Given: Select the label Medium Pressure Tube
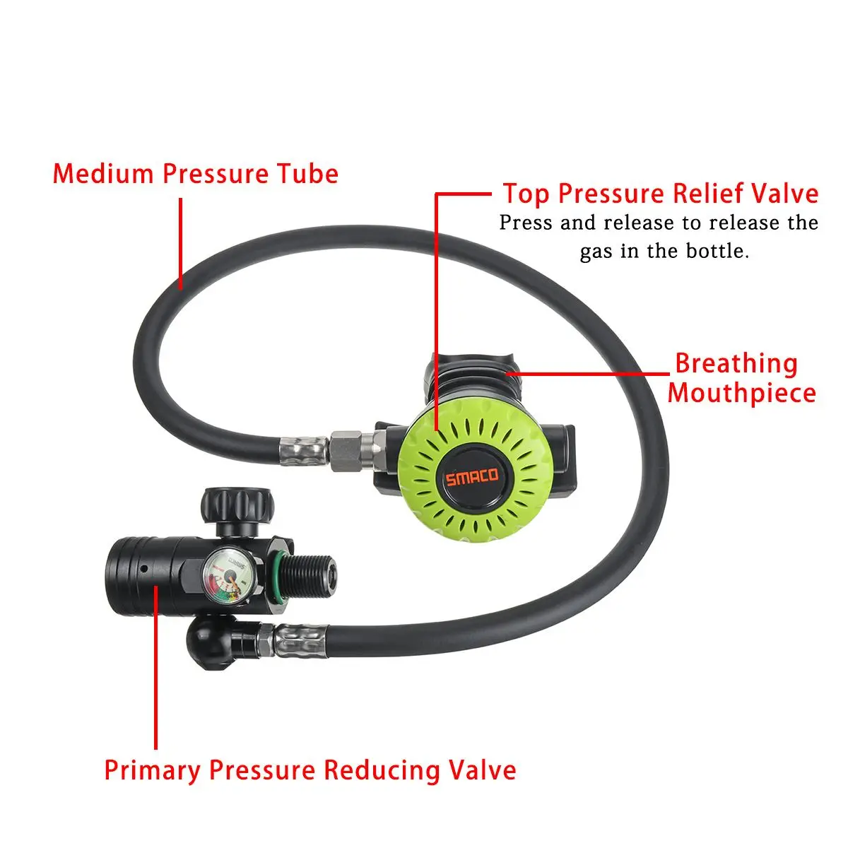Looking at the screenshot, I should [196, 174].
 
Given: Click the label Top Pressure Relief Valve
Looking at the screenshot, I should [660, 194].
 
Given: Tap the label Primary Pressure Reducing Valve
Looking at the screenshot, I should [310, 770].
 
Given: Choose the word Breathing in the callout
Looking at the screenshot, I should [736, 363].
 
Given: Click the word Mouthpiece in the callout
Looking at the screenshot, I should [741, 393].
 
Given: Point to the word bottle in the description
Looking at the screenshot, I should [714, 251].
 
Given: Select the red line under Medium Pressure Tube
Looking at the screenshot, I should [181, 244].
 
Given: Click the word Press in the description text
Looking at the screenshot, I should [527, 223].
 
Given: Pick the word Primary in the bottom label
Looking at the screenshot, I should [153, 770].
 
